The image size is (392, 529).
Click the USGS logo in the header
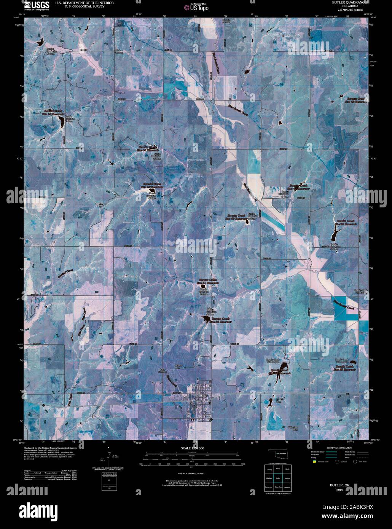click(37, 5)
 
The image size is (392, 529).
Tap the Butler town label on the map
click(202, 396)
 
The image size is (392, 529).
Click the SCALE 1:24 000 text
click(193, 448)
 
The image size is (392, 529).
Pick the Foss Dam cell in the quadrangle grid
click(278, 487)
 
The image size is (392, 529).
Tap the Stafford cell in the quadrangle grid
click(287, 487)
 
